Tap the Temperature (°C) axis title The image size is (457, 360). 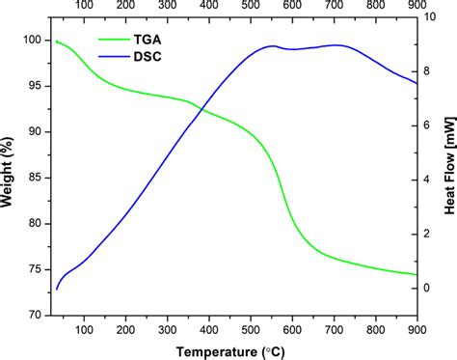(x=230, y=350)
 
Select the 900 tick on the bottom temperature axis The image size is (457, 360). (x=417, y=328)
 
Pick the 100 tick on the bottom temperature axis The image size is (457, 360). (x=84, y=328)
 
